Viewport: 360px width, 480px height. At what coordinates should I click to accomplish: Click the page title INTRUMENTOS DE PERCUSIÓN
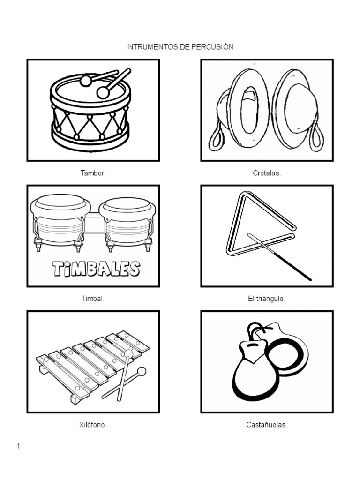click(x=180, y=47)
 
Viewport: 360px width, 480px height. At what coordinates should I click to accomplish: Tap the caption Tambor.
click(x=93, y=173)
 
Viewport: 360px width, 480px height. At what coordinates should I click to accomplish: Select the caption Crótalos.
click(x=267, y=173)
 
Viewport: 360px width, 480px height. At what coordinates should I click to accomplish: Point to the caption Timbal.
click(x=93, y=299)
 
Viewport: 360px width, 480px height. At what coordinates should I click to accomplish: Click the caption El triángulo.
click(x=267, y=299)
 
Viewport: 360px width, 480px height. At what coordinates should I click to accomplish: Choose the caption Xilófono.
click(x=93, y=425)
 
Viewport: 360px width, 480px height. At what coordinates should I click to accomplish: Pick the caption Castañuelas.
click(x=267, y=425)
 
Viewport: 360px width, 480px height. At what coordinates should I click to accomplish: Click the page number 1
click(x=18, y=446)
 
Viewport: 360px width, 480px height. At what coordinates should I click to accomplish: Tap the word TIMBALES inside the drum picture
click(x=96, y=269)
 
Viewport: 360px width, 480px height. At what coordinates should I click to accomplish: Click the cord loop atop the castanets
click(x=255, y=329)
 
